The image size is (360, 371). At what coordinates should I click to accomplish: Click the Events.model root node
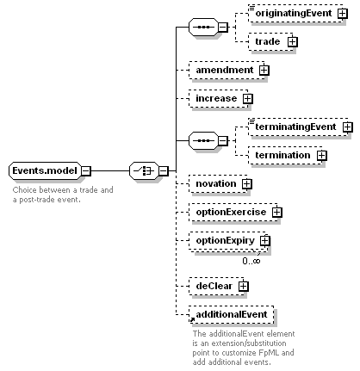pos(45,170)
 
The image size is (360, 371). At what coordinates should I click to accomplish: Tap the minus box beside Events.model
pos(86,171)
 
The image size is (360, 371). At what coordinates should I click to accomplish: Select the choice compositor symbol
pos(144,171)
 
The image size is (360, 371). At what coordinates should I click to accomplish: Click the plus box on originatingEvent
pos(343,14)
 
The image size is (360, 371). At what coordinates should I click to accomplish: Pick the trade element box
pos(270,42)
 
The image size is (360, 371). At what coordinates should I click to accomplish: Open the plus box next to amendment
pos(264,71)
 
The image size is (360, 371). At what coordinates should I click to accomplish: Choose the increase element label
pos(216,98)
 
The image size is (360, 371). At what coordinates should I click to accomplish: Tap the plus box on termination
pos(322,156)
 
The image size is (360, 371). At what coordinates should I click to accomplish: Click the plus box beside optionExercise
pos(276,213)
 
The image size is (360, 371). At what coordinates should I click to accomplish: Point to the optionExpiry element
pos(227,241)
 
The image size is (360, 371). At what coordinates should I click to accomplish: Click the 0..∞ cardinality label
pos(251,261)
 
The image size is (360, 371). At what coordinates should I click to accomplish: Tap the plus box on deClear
pos(244,286)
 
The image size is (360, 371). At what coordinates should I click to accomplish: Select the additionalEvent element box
pos(232,314)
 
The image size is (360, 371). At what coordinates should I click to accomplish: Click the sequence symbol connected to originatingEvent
pos(203,28)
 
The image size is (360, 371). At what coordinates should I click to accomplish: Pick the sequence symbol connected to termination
pos(203,141)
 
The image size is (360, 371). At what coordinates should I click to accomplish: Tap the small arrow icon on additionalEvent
pos(192,319)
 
